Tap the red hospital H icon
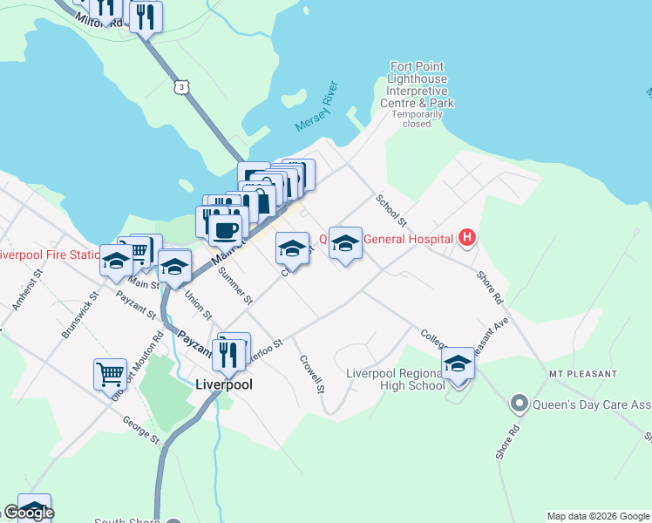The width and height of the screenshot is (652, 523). (467, 237)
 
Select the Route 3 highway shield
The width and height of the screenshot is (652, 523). (180, 86)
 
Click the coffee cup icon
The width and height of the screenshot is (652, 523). (225, 230)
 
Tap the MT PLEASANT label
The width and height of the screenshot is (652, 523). (582, 374)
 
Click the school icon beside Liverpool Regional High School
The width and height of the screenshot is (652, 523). (458, 363)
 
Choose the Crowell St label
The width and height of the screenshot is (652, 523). (312, 373)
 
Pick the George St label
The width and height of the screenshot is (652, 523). (140, 430)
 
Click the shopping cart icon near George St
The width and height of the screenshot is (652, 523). (110, 374)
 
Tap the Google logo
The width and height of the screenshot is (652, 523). (28, 513)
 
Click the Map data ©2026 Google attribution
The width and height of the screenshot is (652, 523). (599, 516)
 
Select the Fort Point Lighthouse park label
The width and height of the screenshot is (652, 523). (418, 85)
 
